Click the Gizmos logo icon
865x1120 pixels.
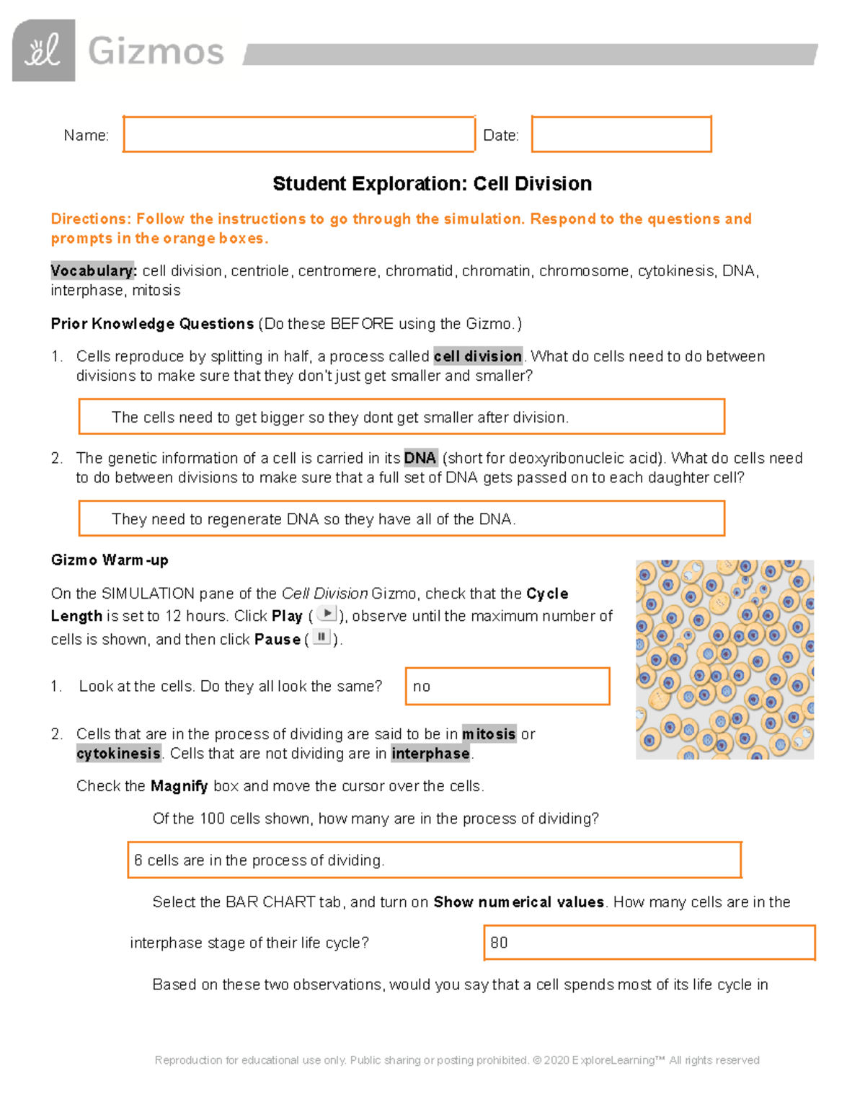pos(43,50)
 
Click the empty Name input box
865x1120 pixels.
pos(298,134)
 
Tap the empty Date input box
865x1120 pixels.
pos(621,134)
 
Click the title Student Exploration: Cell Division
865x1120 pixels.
pos(432,184)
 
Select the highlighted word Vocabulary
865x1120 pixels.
pos(92,271)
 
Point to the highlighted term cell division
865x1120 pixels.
pos(478,356)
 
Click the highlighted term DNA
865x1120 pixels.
pos(420,458)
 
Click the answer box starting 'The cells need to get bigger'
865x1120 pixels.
pos(401,417)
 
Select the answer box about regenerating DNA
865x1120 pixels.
pos(401,519)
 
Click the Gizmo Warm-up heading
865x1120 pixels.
pos(110,560)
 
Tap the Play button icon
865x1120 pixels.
pos(327,614)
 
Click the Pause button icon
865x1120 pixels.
pos(321,638)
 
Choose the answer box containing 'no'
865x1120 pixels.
pos(507,686)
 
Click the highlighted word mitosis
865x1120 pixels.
pos(489,734)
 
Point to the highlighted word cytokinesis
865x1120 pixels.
pos(119,754)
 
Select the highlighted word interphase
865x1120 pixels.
pos(430,754)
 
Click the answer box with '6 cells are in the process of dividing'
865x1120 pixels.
pos(434,860)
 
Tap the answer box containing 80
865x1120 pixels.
pos(649,943)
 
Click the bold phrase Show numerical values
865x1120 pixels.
pos(518,902)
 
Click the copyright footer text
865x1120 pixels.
pos(457,1060)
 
